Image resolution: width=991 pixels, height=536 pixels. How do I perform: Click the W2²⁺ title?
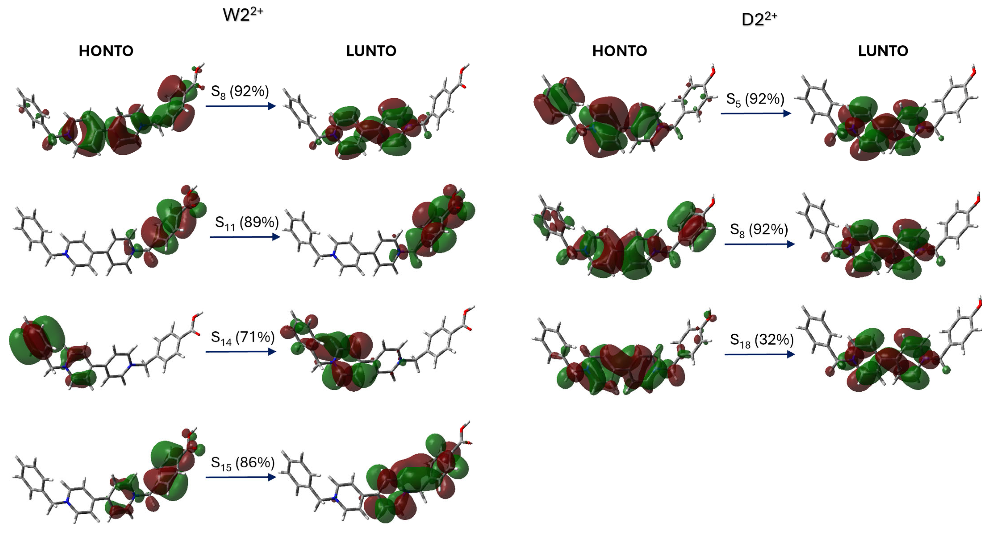click(243, 15)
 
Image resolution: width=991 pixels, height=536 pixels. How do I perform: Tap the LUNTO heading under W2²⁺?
click(371, 51)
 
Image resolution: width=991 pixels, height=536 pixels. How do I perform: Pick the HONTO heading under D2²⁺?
click(619, 51)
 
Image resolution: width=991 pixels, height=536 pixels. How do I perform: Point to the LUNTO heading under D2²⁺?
click(883, 51)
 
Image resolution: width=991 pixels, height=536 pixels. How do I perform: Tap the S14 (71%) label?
click(242, 338)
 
